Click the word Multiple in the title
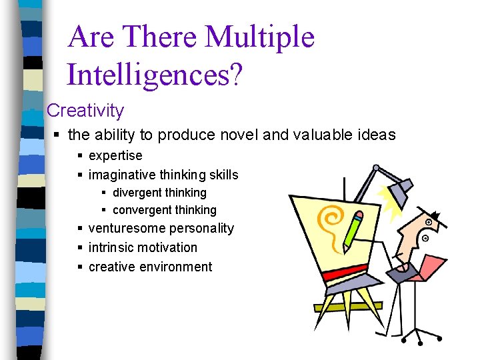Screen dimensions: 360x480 [260, 37]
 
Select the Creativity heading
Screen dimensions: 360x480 [85, 110]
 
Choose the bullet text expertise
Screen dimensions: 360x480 [115, 155]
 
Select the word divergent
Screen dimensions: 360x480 [137, 193]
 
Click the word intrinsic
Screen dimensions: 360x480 [113, 247]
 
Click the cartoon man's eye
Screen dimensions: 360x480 [425, 237]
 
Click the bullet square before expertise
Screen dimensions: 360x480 [80, 156]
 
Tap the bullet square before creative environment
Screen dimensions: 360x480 [80, 267]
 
